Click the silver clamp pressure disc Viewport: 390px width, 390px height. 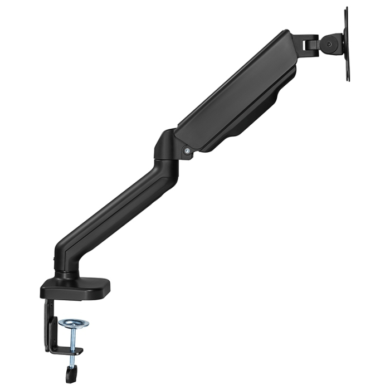click(x=74, y=323)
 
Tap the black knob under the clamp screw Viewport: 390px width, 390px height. click(x=70, y=374)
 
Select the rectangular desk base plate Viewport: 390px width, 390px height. click(x=75, y=287)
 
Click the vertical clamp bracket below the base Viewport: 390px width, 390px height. click(x=50, y=326)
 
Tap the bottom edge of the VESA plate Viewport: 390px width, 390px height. click(x=348, y=78)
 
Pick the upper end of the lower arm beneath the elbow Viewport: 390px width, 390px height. click(x=162, y=167)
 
